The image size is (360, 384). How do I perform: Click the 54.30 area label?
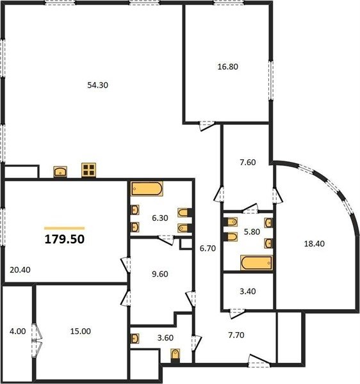pos(97,85)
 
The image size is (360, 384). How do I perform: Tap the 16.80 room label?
pos(227,67)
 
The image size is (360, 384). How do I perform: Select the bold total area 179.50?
pos(65,239)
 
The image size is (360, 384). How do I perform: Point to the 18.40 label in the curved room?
pos(314,244)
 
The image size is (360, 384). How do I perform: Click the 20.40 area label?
pos(20,270)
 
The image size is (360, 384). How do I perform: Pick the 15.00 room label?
pos(80,332)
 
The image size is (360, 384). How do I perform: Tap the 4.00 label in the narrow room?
pos(18,332)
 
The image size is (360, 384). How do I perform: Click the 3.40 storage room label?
pos(247,291)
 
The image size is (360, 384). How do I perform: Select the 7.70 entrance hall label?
pos(236,335)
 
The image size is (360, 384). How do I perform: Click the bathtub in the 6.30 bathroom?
pos(147,189)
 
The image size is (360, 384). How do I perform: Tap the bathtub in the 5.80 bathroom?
pos(256,263)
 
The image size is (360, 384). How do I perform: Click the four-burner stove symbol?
pos(88,170)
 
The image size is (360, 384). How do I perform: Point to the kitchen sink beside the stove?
pos(60,172)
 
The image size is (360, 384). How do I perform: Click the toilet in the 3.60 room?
pos(176,355)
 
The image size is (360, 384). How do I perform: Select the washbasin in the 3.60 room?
pos(135,339)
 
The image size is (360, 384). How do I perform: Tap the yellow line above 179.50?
pos(65,228)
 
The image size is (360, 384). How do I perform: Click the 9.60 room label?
pos(160,274)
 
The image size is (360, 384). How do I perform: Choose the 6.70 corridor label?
pos(208,248)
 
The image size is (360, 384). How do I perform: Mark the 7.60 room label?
pos(247,163)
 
